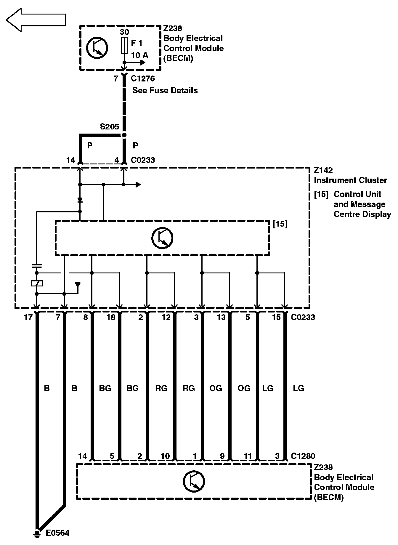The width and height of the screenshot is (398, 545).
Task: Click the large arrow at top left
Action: pos(36,20)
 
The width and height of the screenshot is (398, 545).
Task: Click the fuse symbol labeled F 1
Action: pos(124,46)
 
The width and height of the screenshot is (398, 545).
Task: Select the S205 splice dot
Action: pos(124,135)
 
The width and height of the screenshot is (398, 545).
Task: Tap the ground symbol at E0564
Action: pos(37,533)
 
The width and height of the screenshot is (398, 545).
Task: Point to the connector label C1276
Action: pos(143,79)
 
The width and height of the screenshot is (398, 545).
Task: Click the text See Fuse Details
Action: pos(165,90)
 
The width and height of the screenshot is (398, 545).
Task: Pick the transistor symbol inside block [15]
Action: pos(162,238)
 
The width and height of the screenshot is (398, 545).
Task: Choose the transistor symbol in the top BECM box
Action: pos(97,47)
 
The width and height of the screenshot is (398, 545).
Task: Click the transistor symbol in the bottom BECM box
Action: pos(194,481)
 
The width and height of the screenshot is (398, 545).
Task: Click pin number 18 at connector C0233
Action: pos(111,318)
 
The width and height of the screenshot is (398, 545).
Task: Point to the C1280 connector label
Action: pos(303,456)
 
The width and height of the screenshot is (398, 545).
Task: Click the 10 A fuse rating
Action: pos(140,55)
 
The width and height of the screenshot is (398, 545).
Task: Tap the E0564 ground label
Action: pos(57,533)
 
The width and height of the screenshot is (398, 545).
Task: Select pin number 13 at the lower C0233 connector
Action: pos(221,318)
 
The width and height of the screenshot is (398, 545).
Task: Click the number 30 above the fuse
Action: pos(124,32)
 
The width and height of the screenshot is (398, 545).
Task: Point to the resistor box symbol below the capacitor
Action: pos(37,283)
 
